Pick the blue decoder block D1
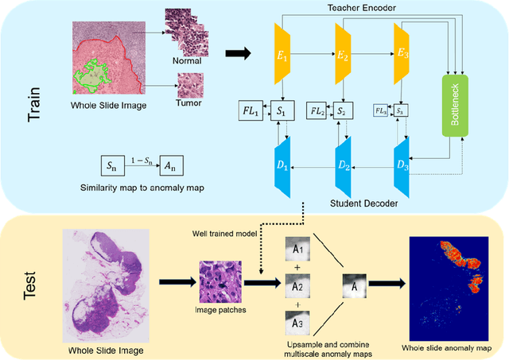click(284, 168)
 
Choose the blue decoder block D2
click(343, 168)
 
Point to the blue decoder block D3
click(402, 168)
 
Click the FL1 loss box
click(251, 110)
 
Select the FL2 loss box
click(317, 110)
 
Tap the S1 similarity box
click(282, 110)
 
